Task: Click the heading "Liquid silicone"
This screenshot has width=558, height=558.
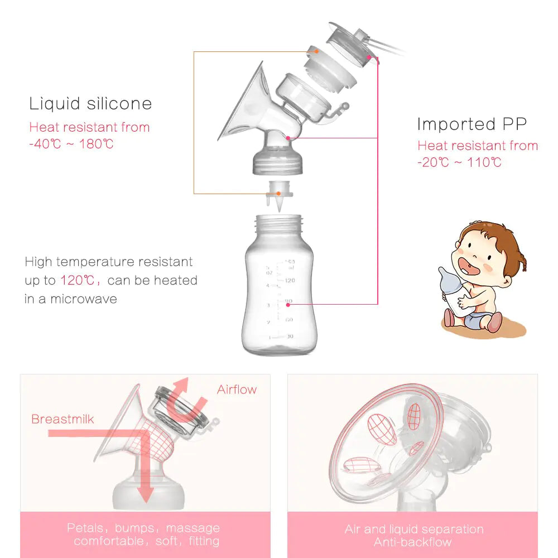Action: (90, 104)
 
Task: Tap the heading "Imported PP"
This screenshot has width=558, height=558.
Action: (472, 124)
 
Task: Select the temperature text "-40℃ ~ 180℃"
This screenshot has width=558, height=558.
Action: (71, 144)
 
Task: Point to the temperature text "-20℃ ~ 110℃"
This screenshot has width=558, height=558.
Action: (459, 163)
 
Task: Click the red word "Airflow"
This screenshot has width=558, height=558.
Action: (237, 389)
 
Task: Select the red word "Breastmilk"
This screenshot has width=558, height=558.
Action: (62, 419)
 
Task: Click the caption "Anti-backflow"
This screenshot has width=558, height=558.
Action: (413, 542)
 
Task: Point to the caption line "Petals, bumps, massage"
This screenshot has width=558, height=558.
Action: (143, 528)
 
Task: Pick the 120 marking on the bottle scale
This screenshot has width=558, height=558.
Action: (290, 281)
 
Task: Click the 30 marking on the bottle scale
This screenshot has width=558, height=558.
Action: (289, 336)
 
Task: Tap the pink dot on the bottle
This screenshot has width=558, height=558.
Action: (288, 304)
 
